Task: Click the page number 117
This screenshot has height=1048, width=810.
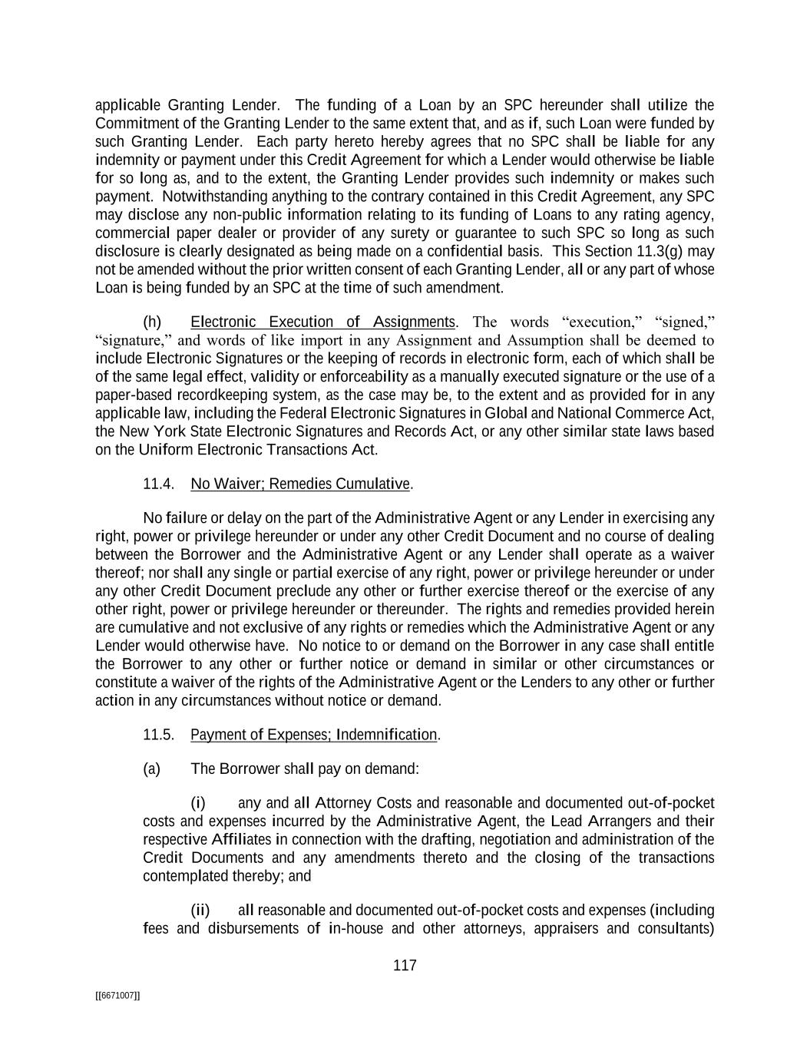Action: (x=405, y=966)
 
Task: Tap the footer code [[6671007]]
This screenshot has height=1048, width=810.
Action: (x=117, y=996)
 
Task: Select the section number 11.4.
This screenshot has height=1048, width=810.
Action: (x=158, y=484)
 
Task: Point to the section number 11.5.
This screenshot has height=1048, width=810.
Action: (x=158, y=736)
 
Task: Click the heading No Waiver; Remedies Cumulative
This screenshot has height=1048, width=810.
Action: (x=300, y=484)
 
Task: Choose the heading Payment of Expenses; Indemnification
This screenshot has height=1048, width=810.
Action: (x=313, y=736)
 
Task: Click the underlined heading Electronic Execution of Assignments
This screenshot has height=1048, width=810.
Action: (x=322, y=322)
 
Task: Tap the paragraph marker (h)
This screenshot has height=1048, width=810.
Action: (x=152, y=322)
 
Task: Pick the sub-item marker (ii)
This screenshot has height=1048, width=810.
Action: (x=200, y=911)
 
